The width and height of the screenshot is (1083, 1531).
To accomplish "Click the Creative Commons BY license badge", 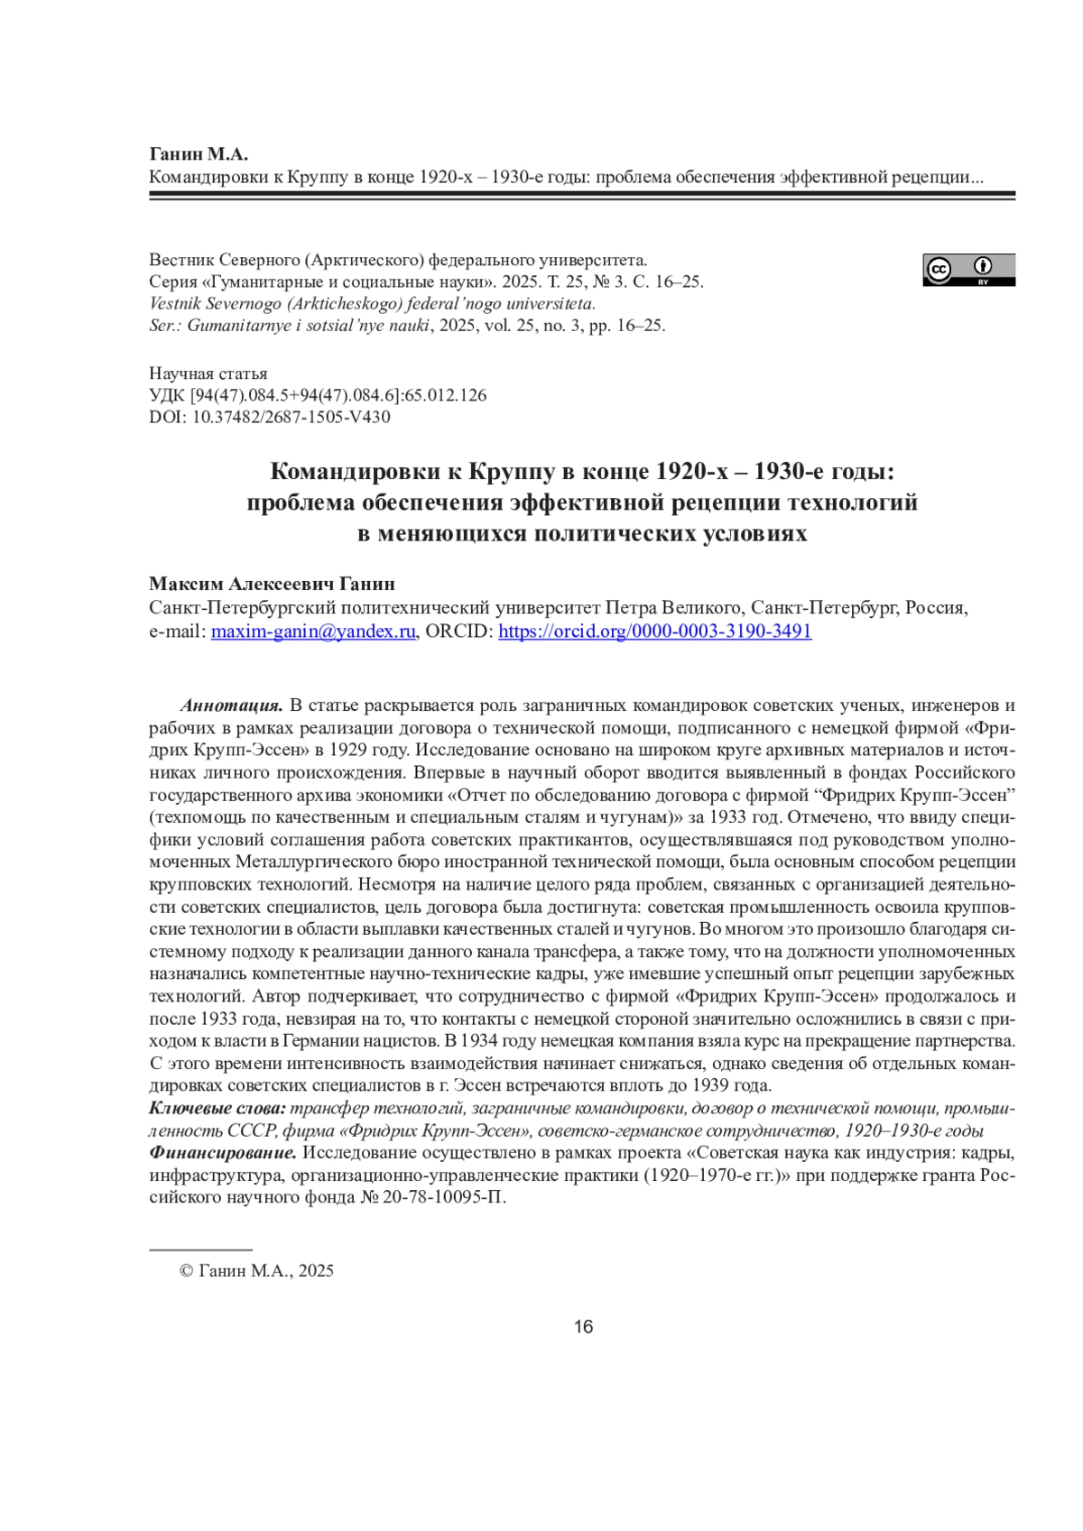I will point(968,270).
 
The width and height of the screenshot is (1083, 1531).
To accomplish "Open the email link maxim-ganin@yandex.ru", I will point(313,632).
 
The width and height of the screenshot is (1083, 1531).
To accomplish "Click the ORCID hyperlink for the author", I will point(654,632).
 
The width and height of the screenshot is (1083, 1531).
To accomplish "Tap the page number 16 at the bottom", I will point(583,1326).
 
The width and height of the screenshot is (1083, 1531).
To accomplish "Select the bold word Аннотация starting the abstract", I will point(231,706).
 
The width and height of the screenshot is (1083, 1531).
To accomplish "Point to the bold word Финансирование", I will point(222,1153).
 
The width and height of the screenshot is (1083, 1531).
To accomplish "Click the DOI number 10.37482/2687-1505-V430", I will point(291,417).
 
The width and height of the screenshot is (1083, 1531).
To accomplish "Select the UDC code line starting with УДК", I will point(318,395).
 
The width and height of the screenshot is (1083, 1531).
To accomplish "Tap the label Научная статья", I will point(208,374).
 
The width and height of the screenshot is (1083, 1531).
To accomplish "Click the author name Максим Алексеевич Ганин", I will point(272,585).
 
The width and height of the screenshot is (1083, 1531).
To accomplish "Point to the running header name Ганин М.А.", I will point(198,154).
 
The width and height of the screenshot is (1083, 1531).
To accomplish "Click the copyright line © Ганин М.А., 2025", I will point(257,1271).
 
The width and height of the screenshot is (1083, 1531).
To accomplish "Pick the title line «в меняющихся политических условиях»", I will point(582,534).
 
